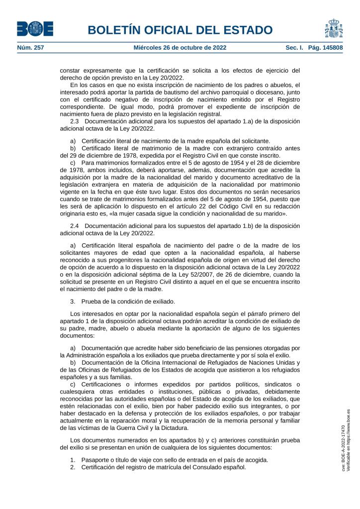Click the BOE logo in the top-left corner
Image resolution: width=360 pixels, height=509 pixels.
pos(35,29)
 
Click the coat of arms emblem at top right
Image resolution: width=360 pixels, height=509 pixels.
pos(333,28)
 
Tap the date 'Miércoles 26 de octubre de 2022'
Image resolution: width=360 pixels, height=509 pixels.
pos(180,48)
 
